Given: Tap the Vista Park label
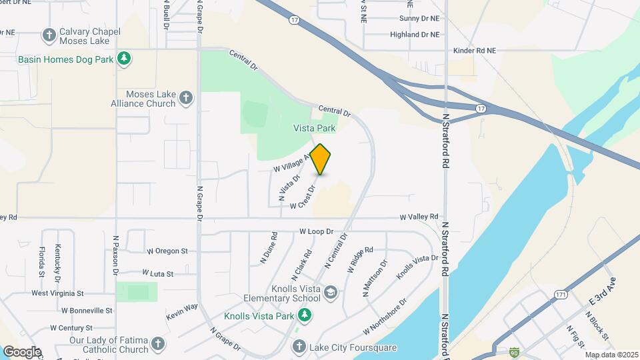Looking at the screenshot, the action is pyautogui.click(x=315, y=127).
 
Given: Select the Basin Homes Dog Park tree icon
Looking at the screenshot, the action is pyautogui.click(x=123, y=59).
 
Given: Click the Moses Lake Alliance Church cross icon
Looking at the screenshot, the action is pyautogui.click(x=186, y=99).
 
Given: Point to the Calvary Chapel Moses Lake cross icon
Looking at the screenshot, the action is pyautogui.click(x=49, y=34).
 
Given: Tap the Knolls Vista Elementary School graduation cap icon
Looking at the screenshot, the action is pyautogui.click(x=331, y=293).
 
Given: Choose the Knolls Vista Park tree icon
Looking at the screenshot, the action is pyautogui.click(x=305, y=315).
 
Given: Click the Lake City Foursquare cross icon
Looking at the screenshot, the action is pyautogui.click(x=299, y=347).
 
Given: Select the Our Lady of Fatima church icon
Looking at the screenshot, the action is pyautogui.click(x=157, y=344).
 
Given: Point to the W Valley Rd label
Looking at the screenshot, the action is pyautogui.click(x=419, y=217).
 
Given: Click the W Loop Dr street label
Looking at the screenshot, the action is pyautogui.click(x=316, y=231).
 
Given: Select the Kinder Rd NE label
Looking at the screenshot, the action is pyautogui.click(x=475, y=50).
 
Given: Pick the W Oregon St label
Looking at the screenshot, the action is pyautogui.click(x=167, y=251).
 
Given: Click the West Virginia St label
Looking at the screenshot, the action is pyautogui.click(x=57, y=293).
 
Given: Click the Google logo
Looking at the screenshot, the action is pyautogui.click(x=22, y=351).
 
